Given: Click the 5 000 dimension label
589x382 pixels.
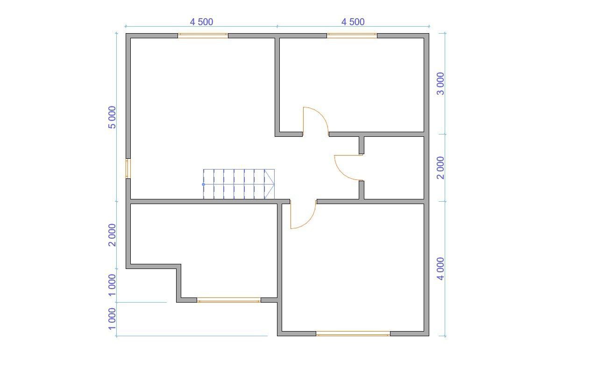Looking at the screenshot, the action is click(x=112, y=117).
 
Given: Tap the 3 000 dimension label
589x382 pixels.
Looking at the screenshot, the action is click(x=440, y=84).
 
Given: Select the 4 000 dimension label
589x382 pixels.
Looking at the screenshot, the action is click(x=440, y=269).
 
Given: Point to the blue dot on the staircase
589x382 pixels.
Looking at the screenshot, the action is click(x=203, y=184).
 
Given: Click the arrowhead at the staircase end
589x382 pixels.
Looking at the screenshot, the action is click(x=269, y=184).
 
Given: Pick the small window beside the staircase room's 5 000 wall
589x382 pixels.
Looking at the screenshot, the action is click(x=128, y=169).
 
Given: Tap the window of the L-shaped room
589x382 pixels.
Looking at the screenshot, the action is click(x=229, y=300).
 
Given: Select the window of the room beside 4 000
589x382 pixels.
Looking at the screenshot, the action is click(x=353, y=333).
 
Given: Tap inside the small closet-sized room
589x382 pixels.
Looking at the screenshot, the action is click(x=394, y=168).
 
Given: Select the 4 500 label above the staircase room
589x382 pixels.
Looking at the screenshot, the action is click(x=201, y=22).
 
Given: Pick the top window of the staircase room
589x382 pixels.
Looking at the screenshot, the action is click(x=203, y=36).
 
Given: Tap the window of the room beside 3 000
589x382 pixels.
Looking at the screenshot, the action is click(x=352, y=36).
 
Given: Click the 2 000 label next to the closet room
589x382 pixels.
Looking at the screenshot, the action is click(x=440, y=168).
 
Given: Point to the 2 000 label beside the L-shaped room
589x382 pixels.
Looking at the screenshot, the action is click(x=112, y=235).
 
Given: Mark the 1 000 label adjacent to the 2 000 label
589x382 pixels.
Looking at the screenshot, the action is click(x=112, y=285).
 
